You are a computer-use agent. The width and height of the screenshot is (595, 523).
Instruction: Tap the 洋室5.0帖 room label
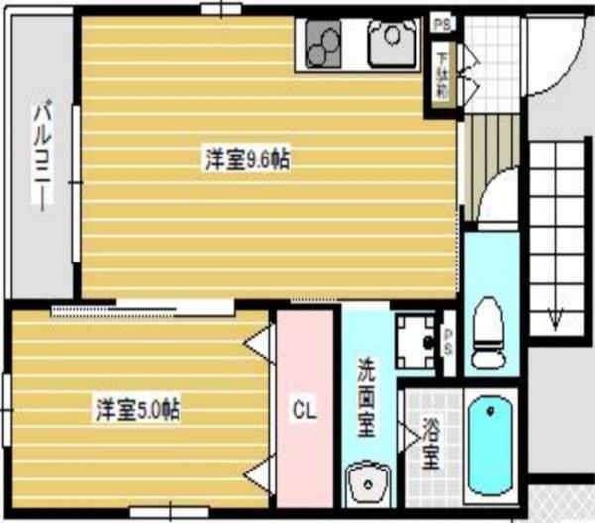[138, 407]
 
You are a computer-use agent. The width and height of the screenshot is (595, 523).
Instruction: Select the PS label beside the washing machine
[449, 344]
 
